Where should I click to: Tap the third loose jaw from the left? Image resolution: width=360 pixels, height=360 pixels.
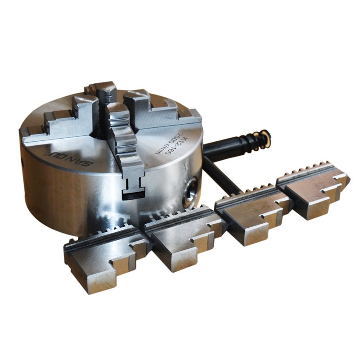252,216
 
